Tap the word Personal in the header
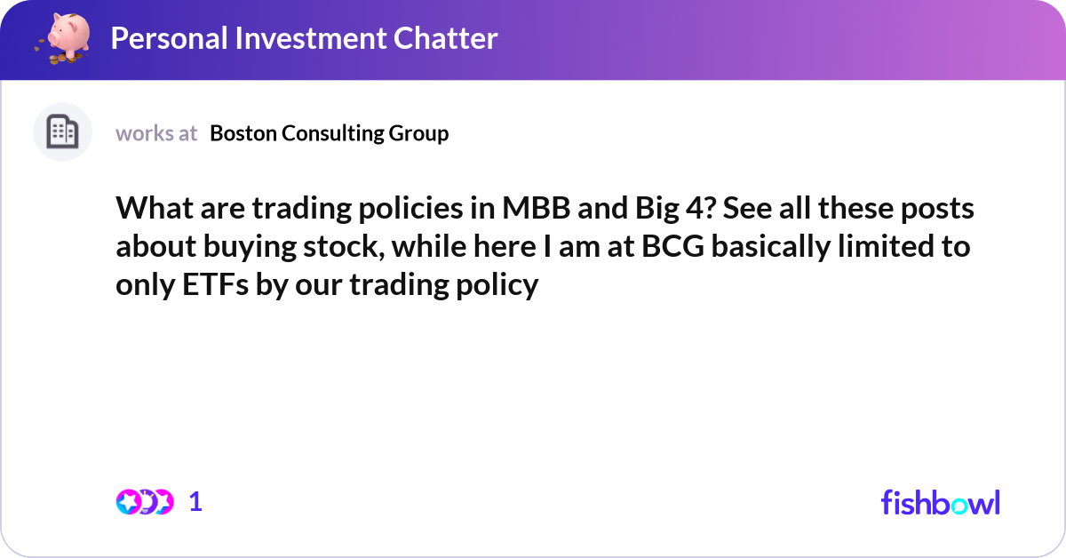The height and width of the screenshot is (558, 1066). [170, 38]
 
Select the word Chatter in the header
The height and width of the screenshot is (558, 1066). [445, 38]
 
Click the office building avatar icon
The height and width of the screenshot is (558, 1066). [62, 132]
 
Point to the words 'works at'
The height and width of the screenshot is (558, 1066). [156, 133]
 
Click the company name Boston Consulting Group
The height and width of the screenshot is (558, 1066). [330, 134]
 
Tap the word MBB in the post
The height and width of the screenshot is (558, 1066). [537, 208]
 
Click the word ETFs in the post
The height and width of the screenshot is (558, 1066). [215, 284]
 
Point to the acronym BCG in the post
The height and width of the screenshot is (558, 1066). [673, 247]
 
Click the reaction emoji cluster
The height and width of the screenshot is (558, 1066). [145, 502]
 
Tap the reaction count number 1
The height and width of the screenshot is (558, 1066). [195, 502]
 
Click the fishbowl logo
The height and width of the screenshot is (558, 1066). [941, 502]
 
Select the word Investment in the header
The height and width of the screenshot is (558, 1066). [311, 38]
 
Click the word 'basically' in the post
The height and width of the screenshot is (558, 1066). [771, 248]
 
